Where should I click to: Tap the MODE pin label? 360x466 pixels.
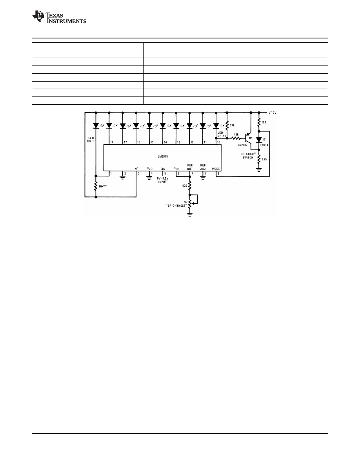216,169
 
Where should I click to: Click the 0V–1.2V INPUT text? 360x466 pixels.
163,180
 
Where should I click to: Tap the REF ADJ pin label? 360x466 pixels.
203,167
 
